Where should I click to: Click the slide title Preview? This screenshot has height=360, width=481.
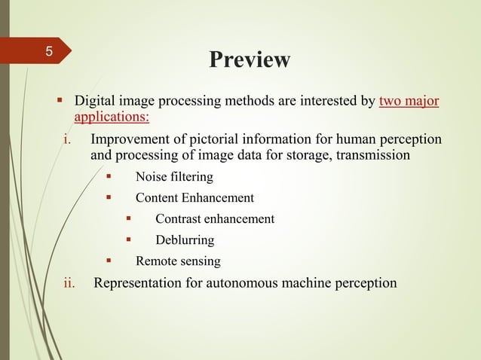[249, 59]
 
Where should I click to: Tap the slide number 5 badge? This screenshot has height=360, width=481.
[48, 53]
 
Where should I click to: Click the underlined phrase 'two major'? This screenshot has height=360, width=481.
[409, 101]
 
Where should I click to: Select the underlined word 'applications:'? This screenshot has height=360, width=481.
[111, 117]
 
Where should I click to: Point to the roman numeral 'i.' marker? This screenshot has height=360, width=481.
[66, 140]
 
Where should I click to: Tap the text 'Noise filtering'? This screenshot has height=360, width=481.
[174, 178]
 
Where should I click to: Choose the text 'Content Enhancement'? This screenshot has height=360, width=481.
[195, 198]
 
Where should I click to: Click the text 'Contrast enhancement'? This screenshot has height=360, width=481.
[215, 219]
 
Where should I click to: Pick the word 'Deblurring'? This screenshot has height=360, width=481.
[185, 240]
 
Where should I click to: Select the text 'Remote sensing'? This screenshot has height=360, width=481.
[178, 261]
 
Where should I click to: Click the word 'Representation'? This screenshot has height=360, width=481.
[137, 283]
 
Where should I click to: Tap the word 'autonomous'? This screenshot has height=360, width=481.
[244, 283]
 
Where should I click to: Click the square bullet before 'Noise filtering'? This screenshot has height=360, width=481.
[109, 177]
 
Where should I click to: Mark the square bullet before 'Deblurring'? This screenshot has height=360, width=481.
[129, 239]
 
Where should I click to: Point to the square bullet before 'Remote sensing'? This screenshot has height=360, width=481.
[109, 261]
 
